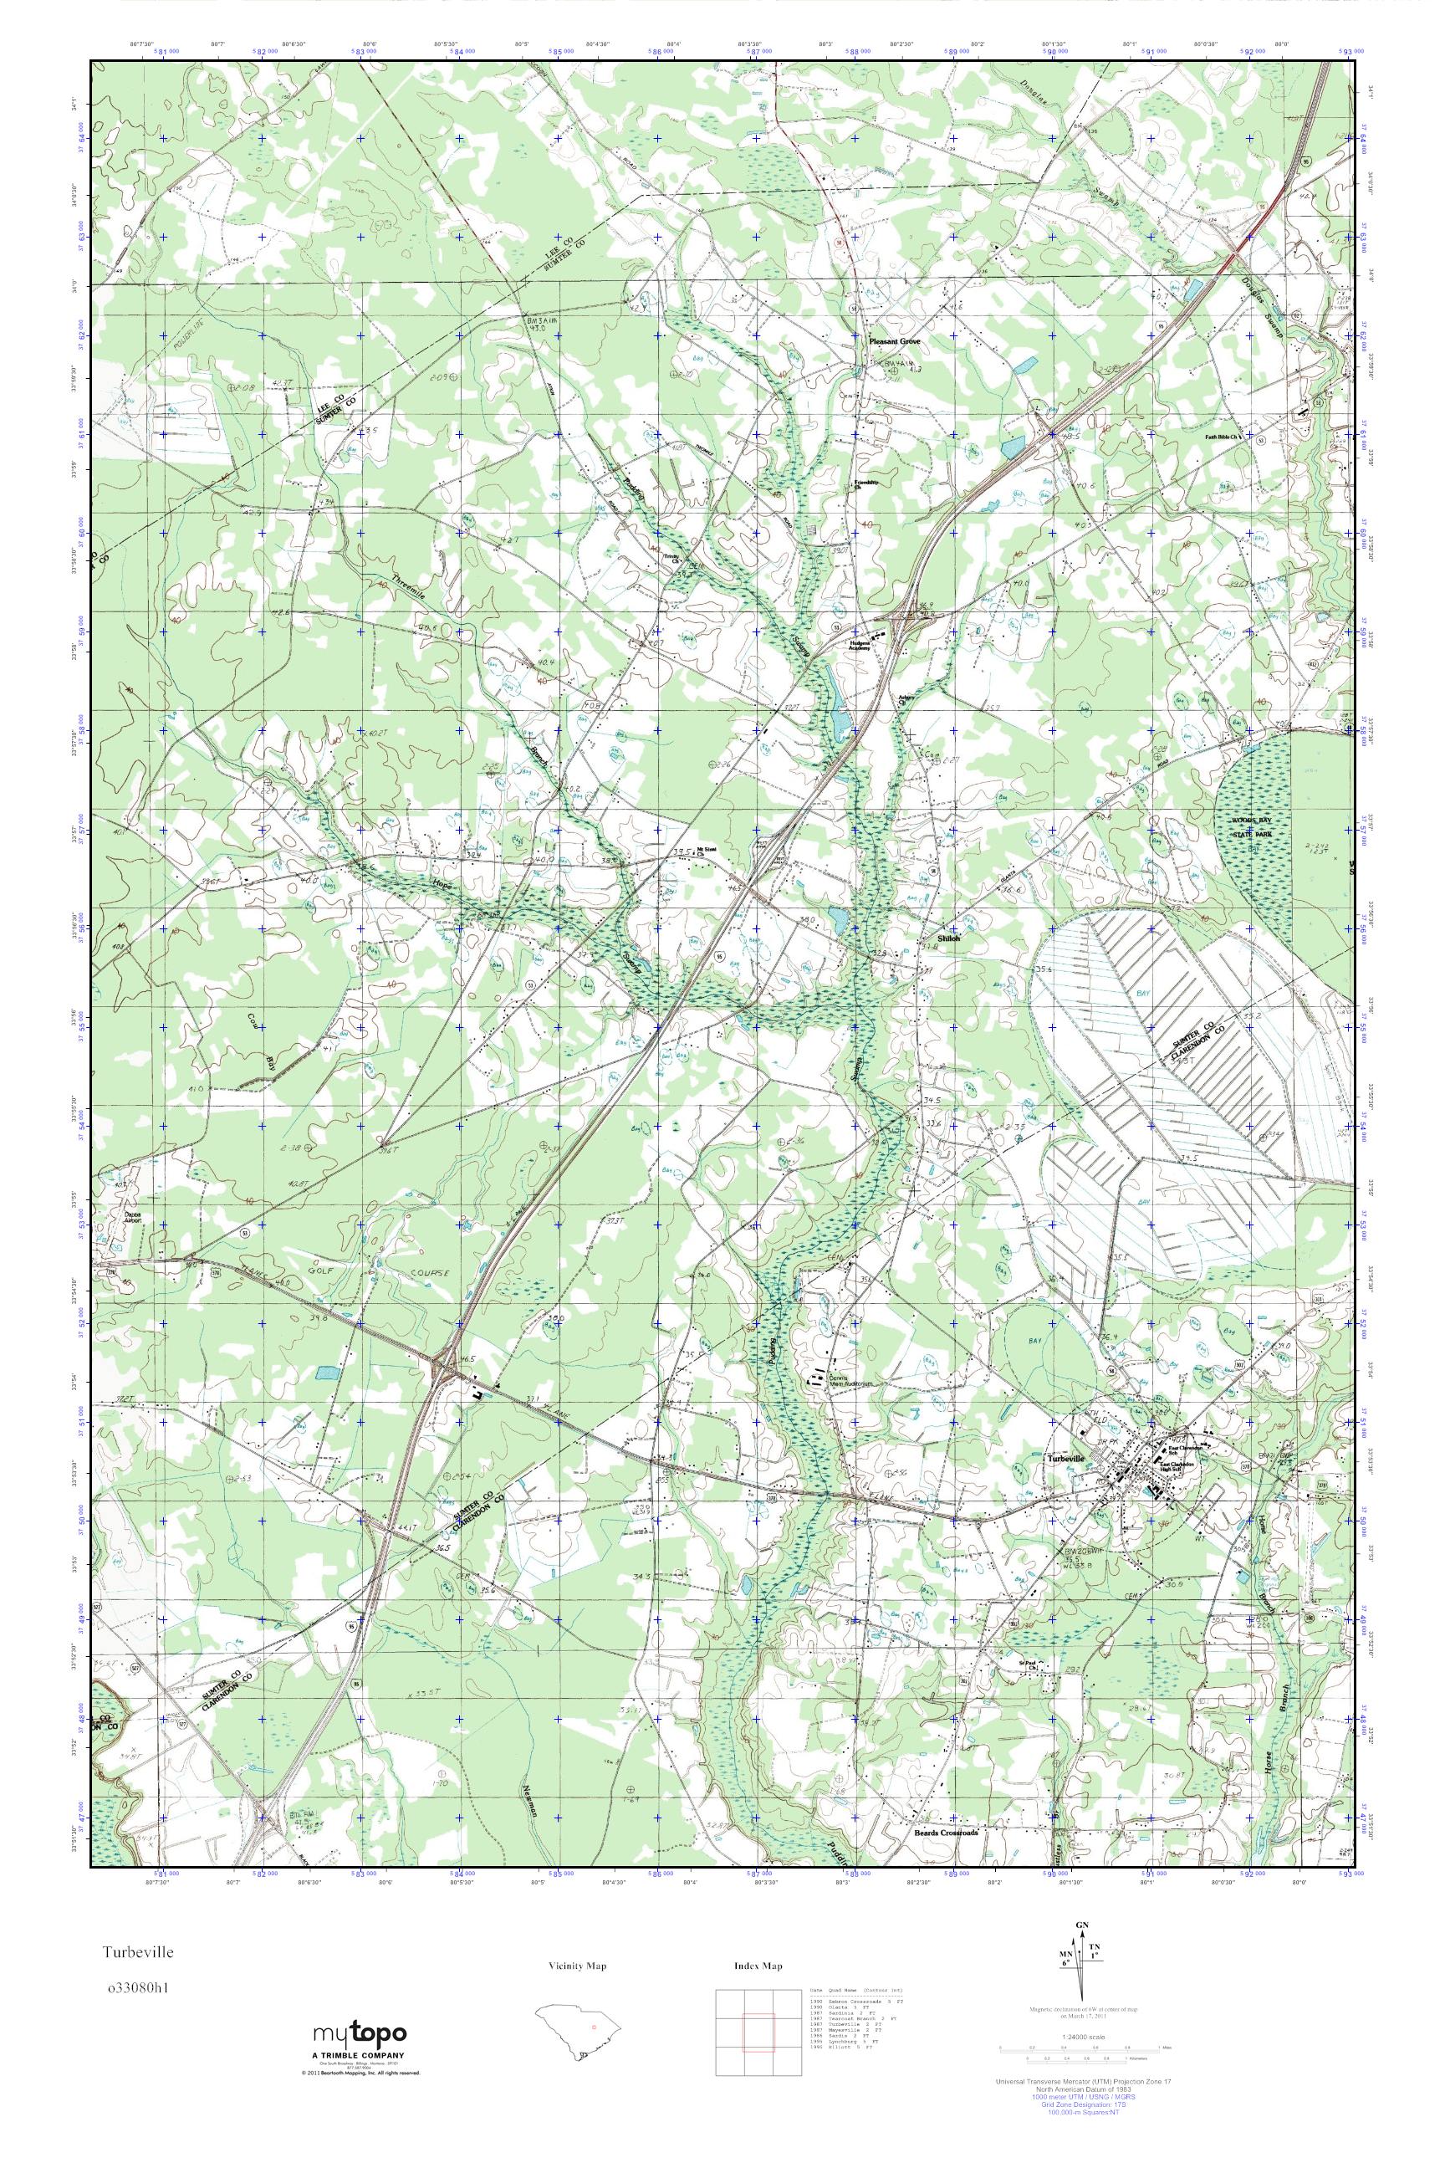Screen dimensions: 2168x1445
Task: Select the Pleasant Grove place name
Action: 894,340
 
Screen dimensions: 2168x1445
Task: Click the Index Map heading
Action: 758,1966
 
